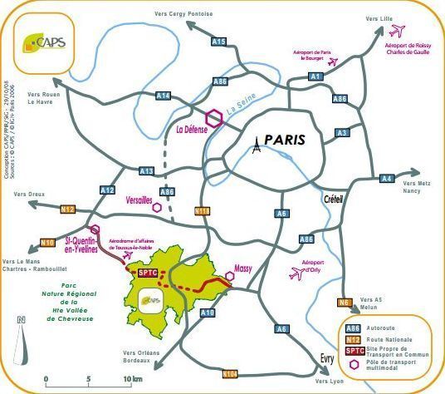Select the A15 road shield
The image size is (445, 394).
point(218,41)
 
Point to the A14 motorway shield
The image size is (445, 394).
point(164,96)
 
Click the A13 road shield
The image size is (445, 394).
point(147,171)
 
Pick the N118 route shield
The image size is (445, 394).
point(202,212)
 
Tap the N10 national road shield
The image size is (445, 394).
point(48,243)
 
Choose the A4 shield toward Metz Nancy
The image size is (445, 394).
point(387,179)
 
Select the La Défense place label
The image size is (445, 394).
point(193,129)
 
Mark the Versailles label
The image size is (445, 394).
point(138,200)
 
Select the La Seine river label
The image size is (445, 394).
point(240,106)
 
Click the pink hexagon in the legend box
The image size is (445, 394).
point(355,363)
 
